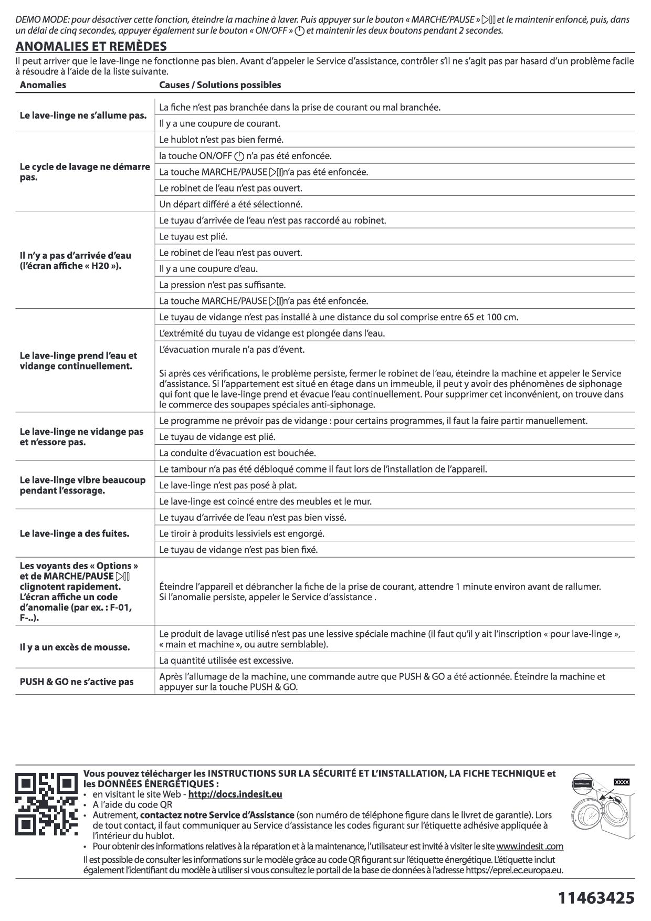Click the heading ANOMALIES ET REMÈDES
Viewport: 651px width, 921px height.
(x=91, y=46)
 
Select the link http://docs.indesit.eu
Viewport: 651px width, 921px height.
(x=235, y=794)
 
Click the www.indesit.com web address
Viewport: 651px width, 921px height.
(x=529, y=846)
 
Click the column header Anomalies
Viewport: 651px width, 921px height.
(x=43, y=85)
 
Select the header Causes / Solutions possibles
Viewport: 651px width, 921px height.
(x=220, y=85)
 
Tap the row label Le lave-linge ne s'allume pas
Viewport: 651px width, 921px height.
(x=83, y=115)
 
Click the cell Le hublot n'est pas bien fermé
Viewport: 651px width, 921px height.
(x=221, y=140)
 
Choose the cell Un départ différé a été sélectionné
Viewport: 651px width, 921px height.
(x=230, y=204)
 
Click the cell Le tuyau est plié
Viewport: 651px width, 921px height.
(x=193, y=236)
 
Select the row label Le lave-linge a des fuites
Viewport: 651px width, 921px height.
(x=75, y=533)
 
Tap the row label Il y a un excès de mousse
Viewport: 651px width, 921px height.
(x=75, y=647)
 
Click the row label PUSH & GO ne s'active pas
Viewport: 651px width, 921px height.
(x=77, y=682)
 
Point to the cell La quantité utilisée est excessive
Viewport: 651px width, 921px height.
(x=226, y=660)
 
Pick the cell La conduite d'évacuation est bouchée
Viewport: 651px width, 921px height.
(x=237, y=453)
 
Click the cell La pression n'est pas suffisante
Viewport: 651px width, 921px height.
(x=222, y=285)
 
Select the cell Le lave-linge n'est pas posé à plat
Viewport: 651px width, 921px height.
(x=232, y=485)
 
